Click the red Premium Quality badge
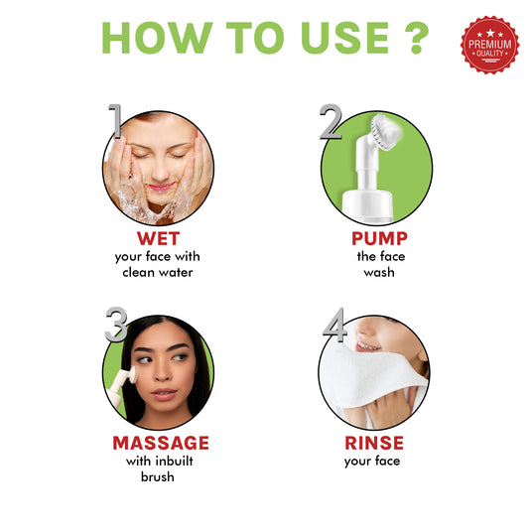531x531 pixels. tap(489, 46)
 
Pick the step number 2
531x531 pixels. tap(332, 122)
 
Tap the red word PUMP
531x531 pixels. tap(378, 238)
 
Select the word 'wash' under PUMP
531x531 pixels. tap(378, 272)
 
